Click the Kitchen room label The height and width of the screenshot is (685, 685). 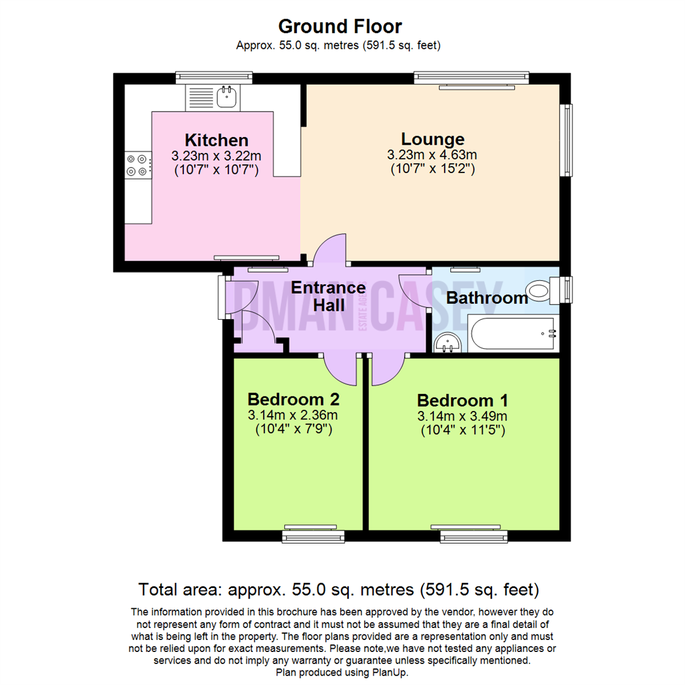pos(216,140)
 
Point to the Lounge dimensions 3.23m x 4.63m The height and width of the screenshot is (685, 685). pos(432,155)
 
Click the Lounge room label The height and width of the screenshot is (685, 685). pos(433,139)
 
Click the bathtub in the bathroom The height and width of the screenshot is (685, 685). pos(513,334)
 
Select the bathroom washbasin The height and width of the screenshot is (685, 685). pos(450,343)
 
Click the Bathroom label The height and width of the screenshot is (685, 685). pos(487,298)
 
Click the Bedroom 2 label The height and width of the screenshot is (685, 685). pos(293,400)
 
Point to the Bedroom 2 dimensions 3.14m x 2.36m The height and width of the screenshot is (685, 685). pos(292,416)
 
